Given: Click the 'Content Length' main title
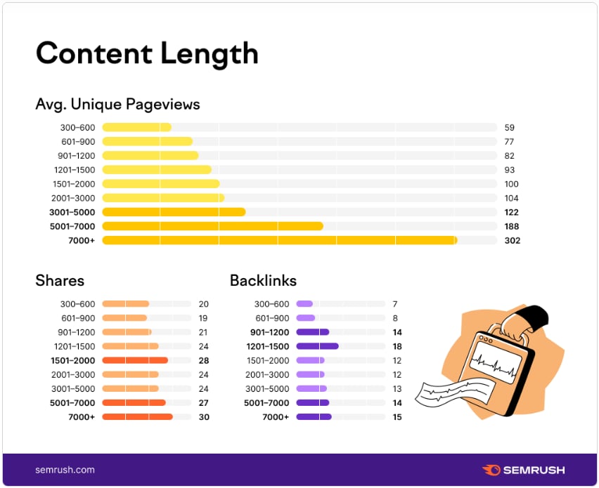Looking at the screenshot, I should click(147, 53).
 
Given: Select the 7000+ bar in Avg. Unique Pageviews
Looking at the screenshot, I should click(279, 240).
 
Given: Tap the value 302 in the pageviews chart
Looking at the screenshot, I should click(512, 240).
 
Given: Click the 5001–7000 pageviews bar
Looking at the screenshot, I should click(212, 226).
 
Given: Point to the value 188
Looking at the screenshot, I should click(512, 226).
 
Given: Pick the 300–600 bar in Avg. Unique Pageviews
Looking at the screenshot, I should click(136, 128).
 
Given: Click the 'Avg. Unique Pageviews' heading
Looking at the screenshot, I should click(117, 105).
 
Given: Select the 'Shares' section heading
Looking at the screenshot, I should click(60, 281).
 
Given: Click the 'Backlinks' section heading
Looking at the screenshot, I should click(263, 281).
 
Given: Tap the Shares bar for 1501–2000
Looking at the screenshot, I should click(135, 360).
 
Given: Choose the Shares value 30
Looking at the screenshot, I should click(204, 417).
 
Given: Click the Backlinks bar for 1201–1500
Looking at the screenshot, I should click(317, 346).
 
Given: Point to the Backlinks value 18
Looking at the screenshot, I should click(397, 346).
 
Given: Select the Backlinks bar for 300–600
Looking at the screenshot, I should click(304, 304).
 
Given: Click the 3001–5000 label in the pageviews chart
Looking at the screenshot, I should click(72, 212).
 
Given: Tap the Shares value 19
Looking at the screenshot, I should click(204, 318).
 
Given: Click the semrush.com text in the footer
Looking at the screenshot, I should click(65, 470).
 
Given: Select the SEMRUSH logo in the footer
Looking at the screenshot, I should click(523, 470).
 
